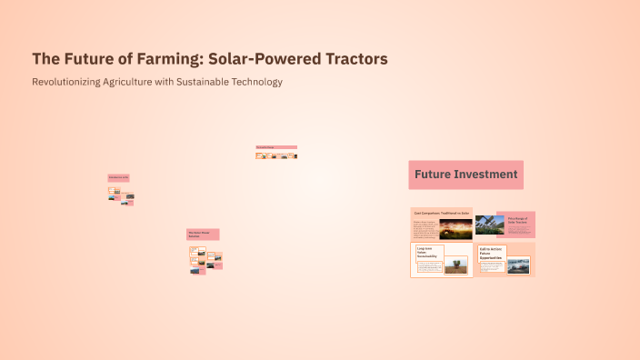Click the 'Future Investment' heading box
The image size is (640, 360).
pyautogui.click(x=465, y=175)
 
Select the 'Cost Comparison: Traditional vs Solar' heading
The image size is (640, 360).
pyautogui.click(x=442, y=213)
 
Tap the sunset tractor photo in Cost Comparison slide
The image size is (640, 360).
pyautogui.click(x=455, y=228)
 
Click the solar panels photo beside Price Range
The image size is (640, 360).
pyautogui.click(x=489, y=225)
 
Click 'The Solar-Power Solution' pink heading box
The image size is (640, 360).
pyautogui.click(x=203, y=234)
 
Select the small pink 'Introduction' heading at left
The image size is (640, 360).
pyautogui.click(x=119, y=177)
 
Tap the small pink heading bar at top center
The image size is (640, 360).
pyautogui.click(x=276, y=147)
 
